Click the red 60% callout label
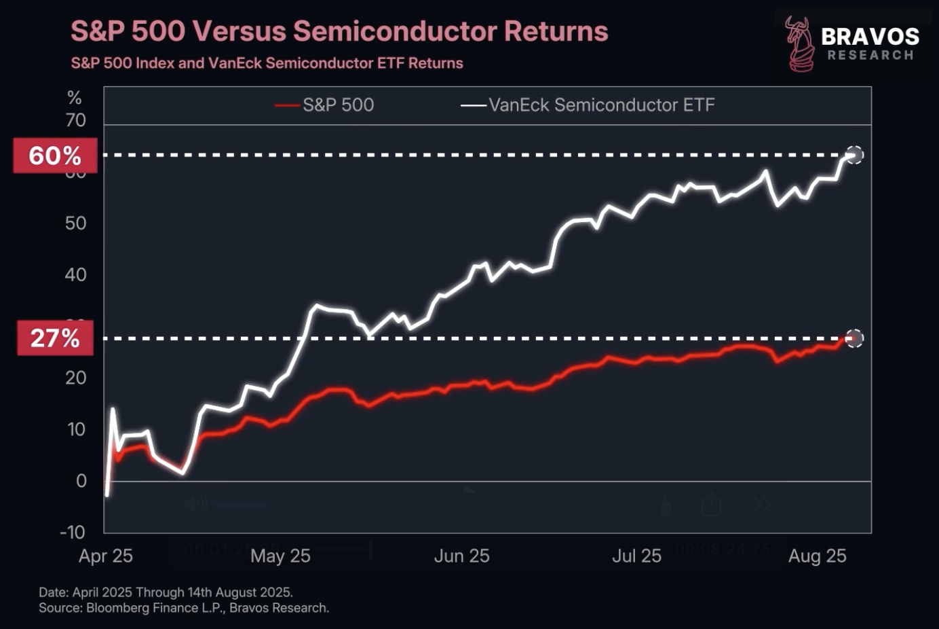click(x=55, y=156)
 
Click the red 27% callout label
click(x=55, y=338)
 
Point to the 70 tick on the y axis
click(x=76, y=120)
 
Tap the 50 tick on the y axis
click(x=76, y=223)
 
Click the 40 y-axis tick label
click(x=76, y=274)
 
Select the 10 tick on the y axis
click(x=76, y=429)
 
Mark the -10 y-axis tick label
click(x=73, y=532)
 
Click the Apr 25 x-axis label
click(x=106, y=556)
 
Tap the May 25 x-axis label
click(x=280, y=556)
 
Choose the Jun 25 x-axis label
click(x=461, y=556)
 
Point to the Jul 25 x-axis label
click(x=636, y=556)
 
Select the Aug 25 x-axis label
click(x=818, y=556)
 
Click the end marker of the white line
click(x=855, y=155)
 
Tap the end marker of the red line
click(x=855, y=338)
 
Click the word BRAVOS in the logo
click(x=870, y=37)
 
